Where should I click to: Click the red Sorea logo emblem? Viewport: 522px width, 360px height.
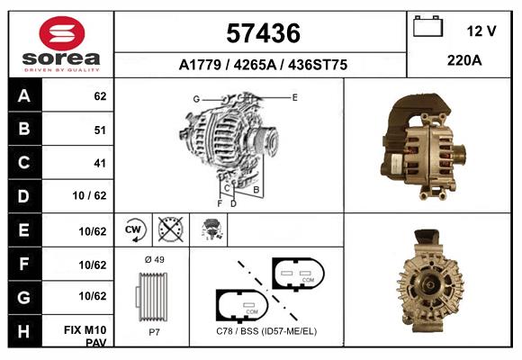click(x=62, y=33)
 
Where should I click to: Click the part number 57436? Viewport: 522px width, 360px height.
click(x=263, y=33)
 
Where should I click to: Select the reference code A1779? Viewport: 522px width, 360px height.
click(x=200, y=65)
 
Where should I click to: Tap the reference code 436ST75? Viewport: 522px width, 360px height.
click(x=318, y=65)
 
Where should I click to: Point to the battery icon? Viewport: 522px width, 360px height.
click(x=427, y=26)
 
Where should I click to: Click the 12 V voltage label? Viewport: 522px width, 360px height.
click(x=481, y=31)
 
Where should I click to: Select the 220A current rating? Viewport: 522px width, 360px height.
click(x=464, y=60)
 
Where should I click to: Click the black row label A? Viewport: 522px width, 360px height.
click(x=24, y=96)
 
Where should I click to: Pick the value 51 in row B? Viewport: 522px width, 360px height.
click(x=100, y=130)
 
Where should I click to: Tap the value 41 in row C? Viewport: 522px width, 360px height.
click(x=100, y=163)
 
